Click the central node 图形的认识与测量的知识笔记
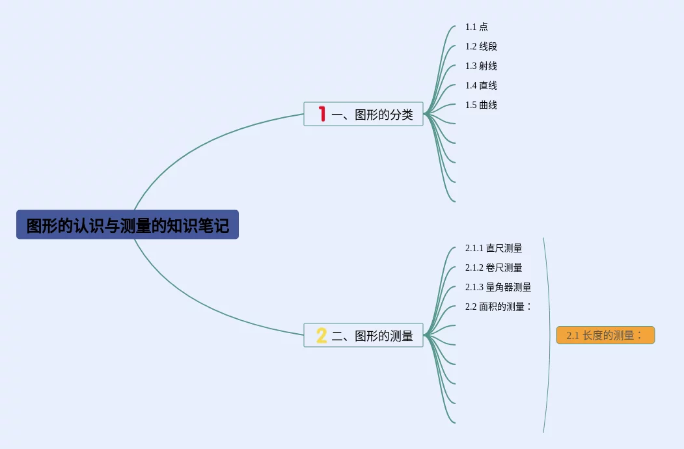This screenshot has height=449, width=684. coord(128,225)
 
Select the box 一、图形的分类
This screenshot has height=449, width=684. coord(363,114)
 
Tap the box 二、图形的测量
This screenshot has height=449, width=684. coord(363,335)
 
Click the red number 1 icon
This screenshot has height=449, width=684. coord(321,114)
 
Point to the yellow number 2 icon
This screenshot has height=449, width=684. coord(321,335)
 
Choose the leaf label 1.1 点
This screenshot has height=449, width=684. coord(476,27)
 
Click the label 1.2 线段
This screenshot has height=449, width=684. coord(481,46)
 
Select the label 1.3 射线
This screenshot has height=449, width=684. coord(481,66)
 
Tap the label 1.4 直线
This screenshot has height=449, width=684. coord(481,85)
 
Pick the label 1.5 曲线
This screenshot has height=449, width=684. coord(481,105)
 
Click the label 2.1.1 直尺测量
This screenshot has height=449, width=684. coord(493,248)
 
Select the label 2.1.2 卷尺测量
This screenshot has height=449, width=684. coord(493,267)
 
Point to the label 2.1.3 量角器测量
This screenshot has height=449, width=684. coord(498,287)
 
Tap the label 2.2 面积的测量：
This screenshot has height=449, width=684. coord(499,306)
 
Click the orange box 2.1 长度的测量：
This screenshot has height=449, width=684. coord(605,335)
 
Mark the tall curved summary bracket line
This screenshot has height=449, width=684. coord(550,335)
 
